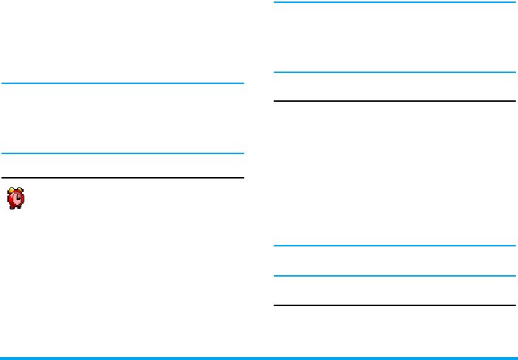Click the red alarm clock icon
[x=15, y=198]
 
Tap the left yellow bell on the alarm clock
[x=10, y=190]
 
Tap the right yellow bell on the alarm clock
[x=21, y=190]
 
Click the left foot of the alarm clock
[x=11, y=207]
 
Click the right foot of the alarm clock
[x=21, y=207]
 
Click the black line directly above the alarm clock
[x=122, y=178]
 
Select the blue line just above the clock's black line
[x=122, y=153]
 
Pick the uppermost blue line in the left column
[x=122, y=83]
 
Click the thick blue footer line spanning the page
[x=259, y=359]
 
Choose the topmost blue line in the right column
[x=394, y=2]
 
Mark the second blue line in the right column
[x=394, y=72]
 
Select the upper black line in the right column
[x=394, y=101]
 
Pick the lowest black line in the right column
[x=394, y=305]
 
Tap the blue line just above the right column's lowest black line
[x=394, y=276]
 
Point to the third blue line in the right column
[x=394, y=246]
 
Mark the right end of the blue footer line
[x=515, y=359]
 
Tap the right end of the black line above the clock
[x=241, y=178]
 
